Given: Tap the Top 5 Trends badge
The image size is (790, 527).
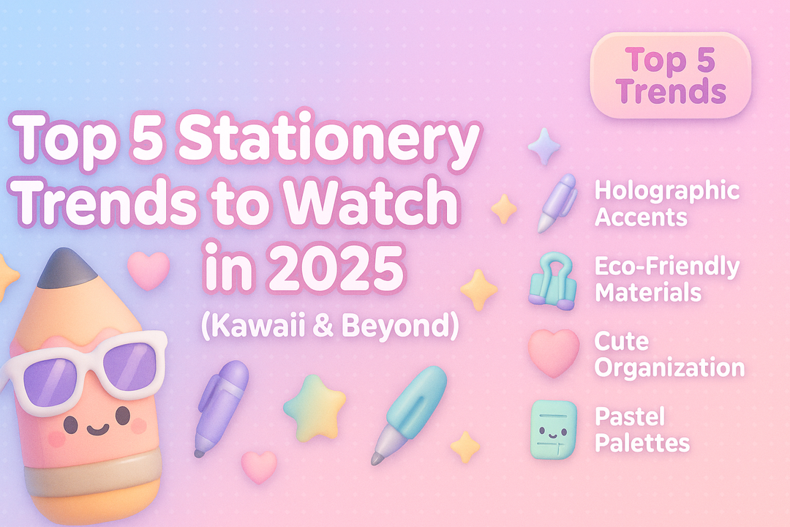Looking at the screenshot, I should point(671,76).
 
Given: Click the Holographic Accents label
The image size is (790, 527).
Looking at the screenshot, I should point(666,203).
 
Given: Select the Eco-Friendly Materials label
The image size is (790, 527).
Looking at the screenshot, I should point(666,279).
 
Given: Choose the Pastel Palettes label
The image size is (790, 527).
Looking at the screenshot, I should point(642,430).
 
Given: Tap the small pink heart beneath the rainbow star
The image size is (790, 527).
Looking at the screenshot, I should point(259,466).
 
